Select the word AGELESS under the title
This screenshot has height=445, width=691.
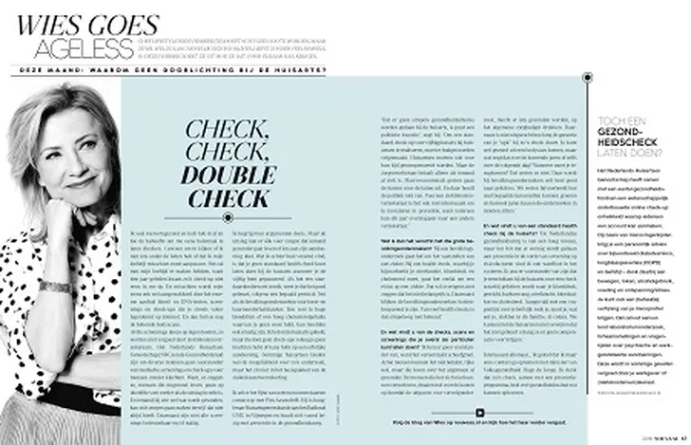click(x=99, y=47)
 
